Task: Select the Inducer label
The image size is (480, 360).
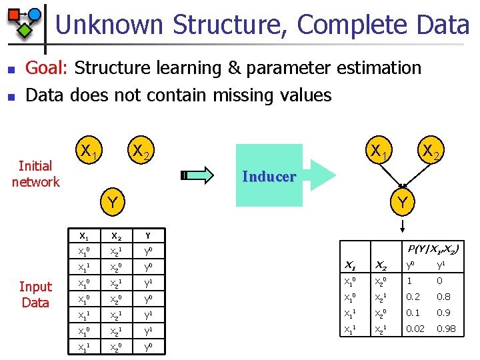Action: coord(269,177)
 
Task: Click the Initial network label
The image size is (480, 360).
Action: coord(35,174)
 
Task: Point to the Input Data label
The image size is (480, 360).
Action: coord(35,295)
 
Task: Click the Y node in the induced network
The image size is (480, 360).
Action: coord(401,200)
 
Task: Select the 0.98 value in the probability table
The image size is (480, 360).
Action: coord(447,328)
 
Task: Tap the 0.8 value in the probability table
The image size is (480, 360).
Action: coord(443,296)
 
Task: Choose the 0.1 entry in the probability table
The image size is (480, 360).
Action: coord(413,312)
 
